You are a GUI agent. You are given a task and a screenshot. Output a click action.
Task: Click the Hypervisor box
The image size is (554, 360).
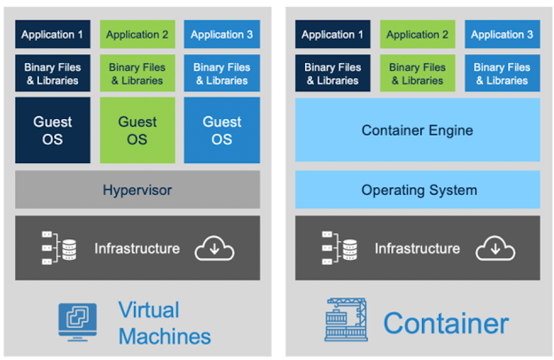click(137, 190)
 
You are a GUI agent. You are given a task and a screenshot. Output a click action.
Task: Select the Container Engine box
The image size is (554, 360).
click(417, 130)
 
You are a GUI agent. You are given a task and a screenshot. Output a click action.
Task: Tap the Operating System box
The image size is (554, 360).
click(417, 190)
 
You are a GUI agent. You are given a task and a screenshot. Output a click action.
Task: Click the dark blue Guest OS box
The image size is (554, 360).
click(52, 130)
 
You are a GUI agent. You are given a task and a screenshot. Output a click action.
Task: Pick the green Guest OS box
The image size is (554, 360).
click(137, 130)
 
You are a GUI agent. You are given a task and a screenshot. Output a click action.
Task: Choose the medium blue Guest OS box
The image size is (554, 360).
click(222, 130)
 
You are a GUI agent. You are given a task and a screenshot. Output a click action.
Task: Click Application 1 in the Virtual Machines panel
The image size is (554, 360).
click(52, 35)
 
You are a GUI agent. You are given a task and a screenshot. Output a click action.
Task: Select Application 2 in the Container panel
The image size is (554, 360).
click(417, 35)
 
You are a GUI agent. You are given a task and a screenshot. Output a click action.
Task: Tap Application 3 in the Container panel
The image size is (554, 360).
click(502, 35)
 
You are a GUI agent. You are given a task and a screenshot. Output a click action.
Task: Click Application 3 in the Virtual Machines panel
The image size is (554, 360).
click(222, 35)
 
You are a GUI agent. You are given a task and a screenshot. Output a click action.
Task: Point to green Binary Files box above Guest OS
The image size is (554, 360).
click(137, 74)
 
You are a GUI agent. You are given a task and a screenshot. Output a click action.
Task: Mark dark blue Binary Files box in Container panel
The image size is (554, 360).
click(332, 74)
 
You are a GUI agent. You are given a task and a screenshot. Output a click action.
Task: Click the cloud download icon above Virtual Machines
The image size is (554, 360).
click(215, 248)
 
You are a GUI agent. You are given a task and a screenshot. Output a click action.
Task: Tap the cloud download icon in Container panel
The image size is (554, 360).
click(495, 248)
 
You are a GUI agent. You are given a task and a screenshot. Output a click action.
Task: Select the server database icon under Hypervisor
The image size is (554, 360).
click(59, 248)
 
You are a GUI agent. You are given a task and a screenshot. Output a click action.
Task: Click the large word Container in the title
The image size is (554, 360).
click(446, 323)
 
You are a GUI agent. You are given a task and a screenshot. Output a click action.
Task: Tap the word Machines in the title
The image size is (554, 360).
click(165, 336)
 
